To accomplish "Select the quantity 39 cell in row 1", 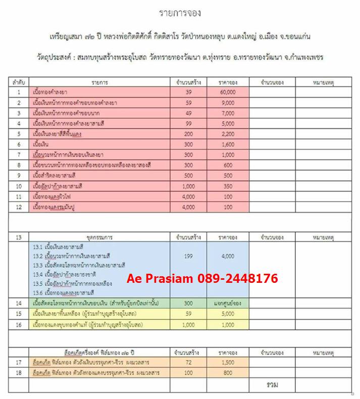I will pos(189,92).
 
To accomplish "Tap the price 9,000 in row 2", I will pos(228,103).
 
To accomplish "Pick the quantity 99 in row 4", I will pos(189,123).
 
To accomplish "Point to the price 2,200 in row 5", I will pos(228,134).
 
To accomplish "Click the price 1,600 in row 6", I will pos(228,144).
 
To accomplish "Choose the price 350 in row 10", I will pos(228,186).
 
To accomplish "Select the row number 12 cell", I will pos(19,207).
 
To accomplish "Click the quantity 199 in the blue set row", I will pos(189,256).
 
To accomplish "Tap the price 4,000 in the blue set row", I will pos(228,256).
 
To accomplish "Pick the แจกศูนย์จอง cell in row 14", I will pos(227,304).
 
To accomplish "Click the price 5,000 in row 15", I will pos(228,314).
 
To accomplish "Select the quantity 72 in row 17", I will pos(189,363).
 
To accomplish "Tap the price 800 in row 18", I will pos(228,373).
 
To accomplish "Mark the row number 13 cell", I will pos(19,236).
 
